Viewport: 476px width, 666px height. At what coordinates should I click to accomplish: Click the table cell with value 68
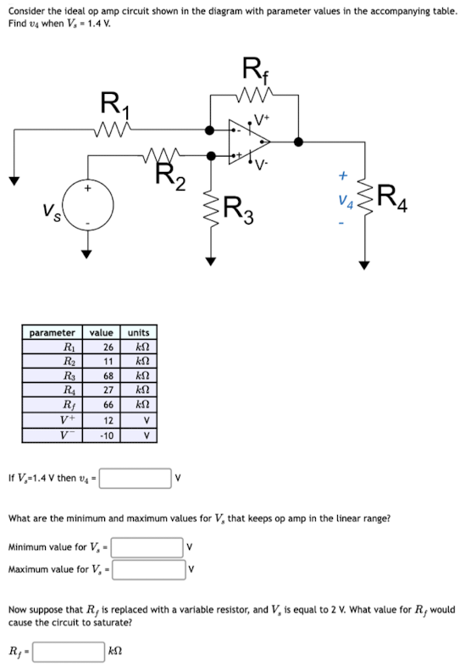(x=108, y=375)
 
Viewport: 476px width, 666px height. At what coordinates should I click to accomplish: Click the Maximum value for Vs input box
(x=148, y=568)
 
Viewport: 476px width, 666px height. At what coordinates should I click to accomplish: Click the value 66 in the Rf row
(x=108, y=405)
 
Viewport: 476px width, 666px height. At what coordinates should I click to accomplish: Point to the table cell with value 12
(x=108, y=420)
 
